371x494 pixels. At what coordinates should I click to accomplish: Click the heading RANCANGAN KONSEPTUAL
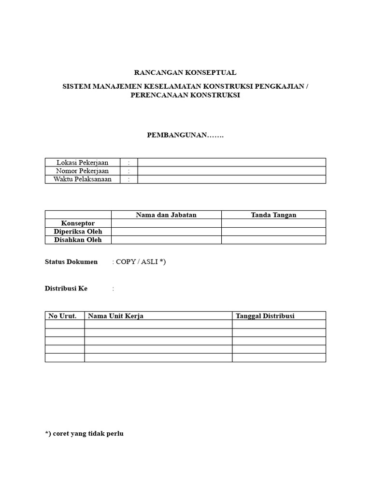click(x=185, y=73)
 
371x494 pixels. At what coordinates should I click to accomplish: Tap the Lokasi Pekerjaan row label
click(x=83, y=163)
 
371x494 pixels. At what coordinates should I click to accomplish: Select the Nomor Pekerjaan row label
click(x=83, y=171)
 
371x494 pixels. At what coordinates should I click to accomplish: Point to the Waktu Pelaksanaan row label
click(x=83, y=179)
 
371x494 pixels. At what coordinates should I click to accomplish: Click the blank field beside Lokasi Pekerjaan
click(x=231, y=163)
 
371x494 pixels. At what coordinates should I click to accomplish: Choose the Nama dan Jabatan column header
click(x=166, y=215)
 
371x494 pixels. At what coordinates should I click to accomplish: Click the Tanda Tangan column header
click(x=273, y=215)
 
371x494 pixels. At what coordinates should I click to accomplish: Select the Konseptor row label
click(x=78, y=223)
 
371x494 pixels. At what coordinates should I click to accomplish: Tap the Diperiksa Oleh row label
click(x=78, y=232)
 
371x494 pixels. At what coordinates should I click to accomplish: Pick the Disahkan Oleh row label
click(x=78, y=240)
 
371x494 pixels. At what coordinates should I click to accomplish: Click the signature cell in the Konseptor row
click(x=273, y=223)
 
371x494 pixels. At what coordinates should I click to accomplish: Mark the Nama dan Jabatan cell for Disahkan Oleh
click(x=166, y=240)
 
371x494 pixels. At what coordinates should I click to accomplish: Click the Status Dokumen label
click(x=71, y=262)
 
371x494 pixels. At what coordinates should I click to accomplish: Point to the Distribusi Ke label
click(x=66, y=288)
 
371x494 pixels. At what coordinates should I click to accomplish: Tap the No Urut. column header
click(x=63, y=316)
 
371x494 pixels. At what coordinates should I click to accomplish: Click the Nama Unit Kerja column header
click(x=115, y=316)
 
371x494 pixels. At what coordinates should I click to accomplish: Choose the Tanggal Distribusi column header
click(x=265, y=316)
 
